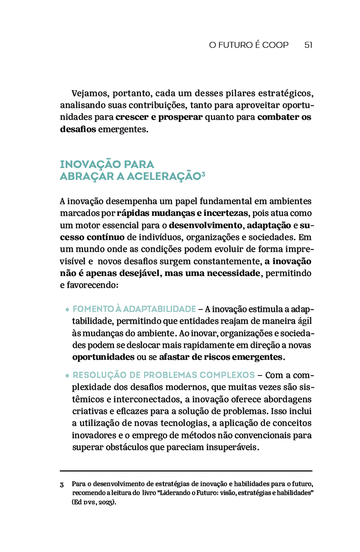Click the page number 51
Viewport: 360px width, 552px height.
click(308, 45)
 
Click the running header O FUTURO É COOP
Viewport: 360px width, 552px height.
click(249, 45)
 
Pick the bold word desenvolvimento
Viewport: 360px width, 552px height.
click(205, 225)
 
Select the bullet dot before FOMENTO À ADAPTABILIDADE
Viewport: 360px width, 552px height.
click(67, 310)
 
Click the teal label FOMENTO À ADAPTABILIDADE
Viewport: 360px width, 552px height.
click(134, 309)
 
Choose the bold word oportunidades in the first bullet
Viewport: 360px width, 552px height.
click(103, 357)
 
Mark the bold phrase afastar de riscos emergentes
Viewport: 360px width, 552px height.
click(220, 357)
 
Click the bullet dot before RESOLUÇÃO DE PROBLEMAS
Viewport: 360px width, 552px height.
click(67, 376)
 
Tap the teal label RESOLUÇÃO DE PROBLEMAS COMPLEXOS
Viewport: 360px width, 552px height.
click(163, 375)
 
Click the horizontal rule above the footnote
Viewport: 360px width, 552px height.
click(186, 471)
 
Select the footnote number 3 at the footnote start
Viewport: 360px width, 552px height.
click(62, 484)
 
